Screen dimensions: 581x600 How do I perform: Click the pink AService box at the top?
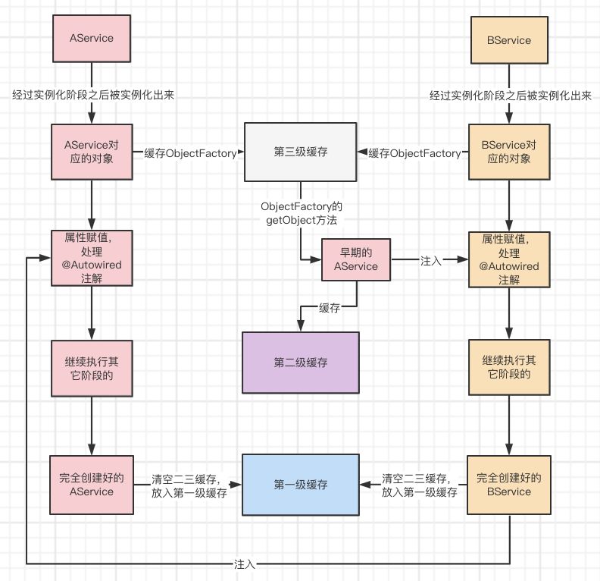(92, 39)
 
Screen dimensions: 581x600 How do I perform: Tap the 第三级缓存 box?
(301, 152)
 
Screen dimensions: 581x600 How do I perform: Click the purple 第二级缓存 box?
(301, 363)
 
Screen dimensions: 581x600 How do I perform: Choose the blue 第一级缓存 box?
(301, 484)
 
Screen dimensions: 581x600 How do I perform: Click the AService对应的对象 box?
(92, 152)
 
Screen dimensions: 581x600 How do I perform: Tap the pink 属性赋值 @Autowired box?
(92, 259)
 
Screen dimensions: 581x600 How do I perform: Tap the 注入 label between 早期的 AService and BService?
(431, 259)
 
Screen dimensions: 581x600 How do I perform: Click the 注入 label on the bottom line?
(245, 564)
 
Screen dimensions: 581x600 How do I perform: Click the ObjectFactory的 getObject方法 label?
(301, 212)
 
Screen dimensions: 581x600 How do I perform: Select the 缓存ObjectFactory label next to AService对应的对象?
(190, 153)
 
